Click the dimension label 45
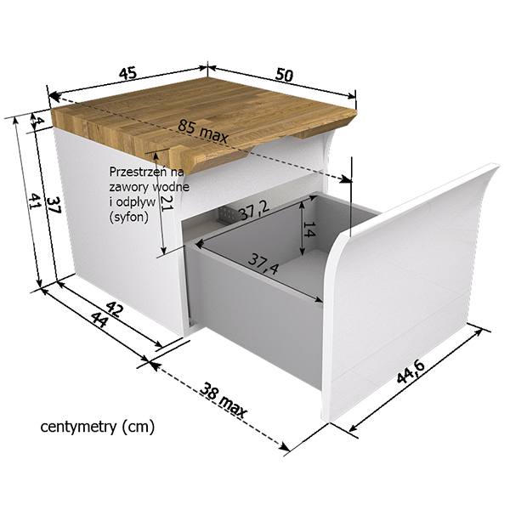tap(127, 73)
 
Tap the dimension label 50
tap(284, 75)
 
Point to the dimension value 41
tap(34, 201)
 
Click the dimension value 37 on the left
tap(54, 205)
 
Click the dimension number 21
tap(167, 203)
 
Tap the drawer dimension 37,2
tap(254, 212)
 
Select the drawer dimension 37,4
tap(263, 263)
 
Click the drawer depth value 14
tap(309, 229)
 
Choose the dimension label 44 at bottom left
tap(99, 320)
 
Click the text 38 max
tap(223, 400)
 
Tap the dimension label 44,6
tap(411, 371)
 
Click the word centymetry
tap(78, 427)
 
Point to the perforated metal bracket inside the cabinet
tap(227, 215)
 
